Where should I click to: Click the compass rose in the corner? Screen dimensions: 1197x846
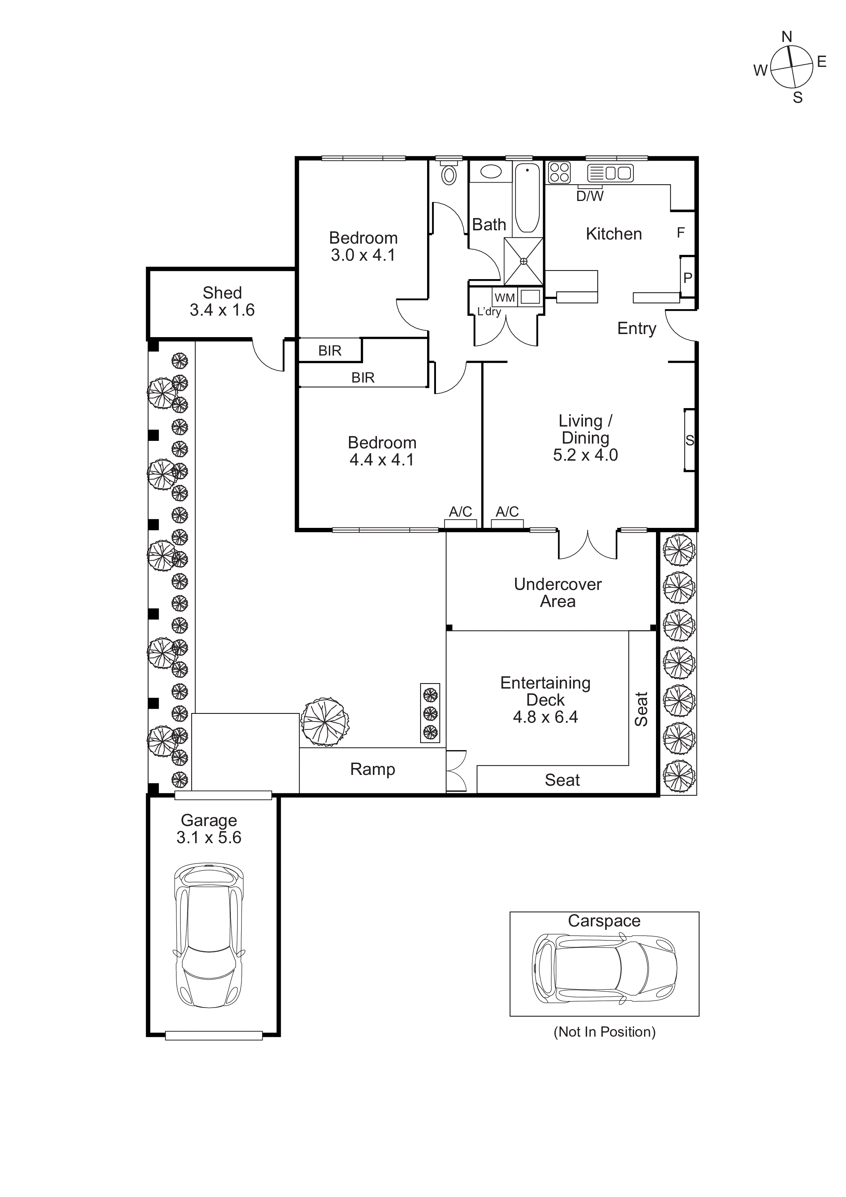[791, 67]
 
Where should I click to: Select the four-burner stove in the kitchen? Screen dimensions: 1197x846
[559, 173]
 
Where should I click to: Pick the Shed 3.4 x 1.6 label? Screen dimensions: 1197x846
[222, 301]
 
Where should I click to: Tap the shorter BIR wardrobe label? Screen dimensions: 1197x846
[330, 351]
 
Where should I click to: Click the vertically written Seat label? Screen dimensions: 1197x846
[641, 709]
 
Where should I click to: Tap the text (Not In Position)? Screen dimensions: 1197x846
[604, 1032]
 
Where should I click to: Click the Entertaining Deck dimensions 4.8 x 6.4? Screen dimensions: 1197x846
[545, 717]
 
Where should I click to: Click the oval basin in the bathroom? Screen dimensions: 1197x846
[491, 172]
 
